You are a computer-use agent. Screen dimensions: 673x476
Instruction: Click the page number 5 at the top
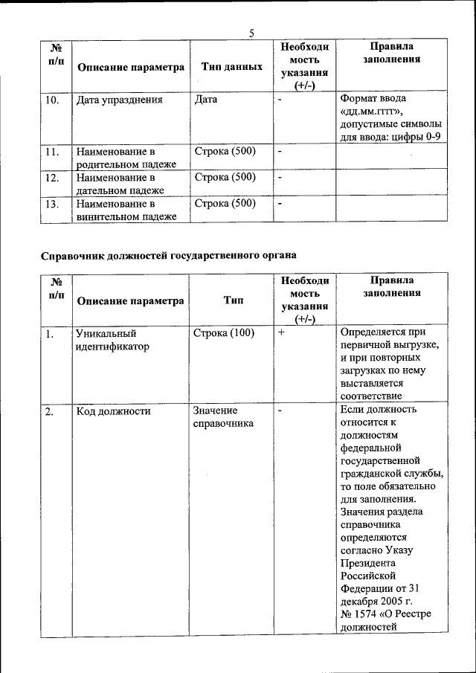tap(251, 33)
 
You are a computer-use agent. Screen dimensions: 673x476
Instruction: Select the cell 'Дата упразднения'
tap(119, 99)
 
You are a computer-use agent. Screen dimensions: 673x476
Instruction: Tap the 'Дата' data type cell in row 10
tap(205, 99)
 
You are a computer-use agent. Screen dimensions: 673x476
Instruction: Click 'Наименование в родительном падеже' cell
tap(126, 158)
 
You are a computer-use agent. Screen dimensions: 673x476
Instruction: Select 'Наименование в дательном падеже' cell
tap(119, 184)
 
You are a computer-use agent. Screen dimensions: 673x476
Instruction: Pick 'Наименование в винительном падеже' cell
tap(126, 210)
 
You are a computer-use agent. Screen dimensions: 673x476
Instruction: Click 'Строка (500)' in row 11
tap(225, 152)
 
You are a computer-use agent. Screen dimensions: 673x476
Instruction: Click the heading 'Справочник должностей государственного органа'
tap(168, 254)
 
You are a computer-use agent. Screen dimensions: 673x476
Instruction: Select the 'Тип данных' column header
tap(232, 67)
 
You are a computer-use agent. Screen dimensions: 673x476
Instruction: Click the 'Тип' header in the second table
tap(232, 300)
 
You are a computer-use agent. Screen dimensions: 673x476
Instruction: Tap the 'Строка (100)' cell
tap(223, 333)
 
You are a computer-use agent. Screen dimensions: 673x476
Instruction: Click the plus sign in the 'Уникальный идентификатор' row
tap(282, 333)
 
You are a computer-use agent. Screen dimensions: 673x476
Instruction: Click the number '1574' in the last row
tap(368, 614)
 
